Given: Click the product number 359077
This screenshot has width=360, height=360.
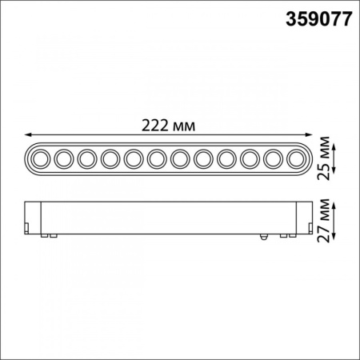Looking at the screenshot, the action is (319, 19).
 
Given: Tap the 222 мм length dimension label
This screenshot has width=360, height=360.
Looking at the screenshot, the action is (168, 126).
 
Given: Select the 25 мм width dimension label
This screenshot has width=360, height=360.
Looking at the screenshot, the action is (323, 158).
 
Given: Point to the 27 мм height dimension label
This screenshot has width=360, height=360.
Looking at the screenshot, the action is (323, 220).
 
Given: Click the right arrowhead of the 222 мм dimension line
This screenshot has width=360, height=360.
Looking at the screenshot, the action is (309, 135).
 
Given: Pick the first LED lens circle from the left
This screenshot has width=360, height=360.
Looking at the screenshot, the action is (41, 159).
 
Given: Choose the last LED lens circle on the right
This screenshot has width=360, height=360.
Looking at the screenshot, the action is (296, 159).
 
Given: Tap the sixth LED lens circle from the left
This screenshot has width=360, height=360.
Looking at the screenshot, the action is (157, 159).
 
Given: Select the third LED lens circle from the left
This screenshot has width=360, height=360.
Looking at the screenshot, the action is (87, 159).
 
